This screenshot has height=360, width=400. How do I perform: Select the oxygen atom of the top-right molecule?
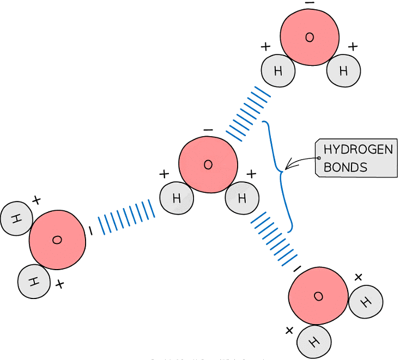coord(310,37)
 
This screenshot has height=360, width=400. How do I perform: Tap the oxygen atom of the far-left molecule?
coord(57,240)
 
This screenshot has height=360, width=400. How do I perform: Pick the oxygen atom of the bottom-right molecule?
coord(318,296)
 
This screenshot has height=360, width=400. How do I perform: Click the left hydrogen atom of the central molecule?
coord(177,198)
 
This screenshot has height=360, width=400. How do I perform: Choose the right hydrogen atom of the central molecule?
coord(242,198)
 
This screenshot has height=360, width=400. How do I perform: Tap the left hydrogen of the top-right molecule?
coord(278,71)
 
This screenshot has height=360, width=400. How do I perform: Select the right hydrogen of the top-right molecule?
coord(343,71)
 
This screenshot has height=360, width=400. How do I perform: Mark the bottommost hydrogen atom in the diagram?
coord(314,341)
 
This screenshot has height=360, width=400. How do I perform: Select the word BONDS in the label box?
coord(346,167)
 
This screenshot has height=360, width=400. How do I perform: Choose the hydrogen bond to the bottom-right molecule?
coord(274,239)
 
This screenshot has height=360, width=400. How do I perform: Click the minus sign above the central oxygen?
coord(208,130)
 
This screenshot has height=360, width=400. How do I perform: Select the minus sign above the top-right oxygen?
coord(310,3)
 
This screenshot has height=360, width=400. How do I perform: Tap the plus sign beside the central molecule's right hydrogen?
coord(251,174)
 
